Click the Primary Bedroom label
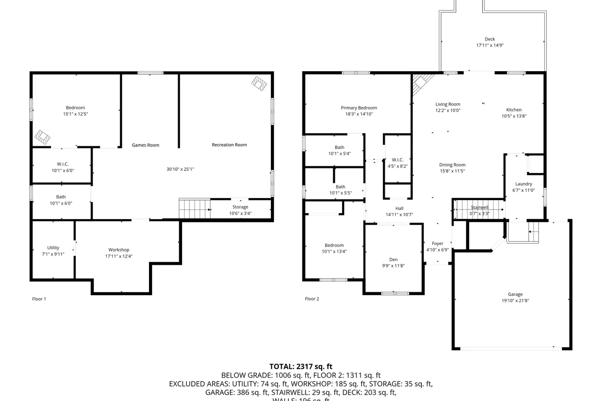pyautogui.click(x=359, y=108)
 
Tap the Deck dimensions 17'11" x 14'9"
pyautogui.click(x=490, y=45)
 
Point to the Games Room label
pyautogui.click(x=145, y=145)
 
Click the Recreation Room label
pyautogui.click(x=229, y=145)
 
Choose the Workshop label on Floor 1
pyautogui.click(x=119, y=250)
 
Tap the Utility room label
pyautogui.click(x=53, y=248)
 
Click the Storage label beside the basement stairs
pyautogui.click(x=240, y=207)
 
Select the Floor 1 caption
pyautogui.click(x=39, y=299)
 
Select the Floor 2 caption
pyautogui.click(x=312, y=299)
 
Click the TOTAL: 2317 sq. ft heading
pyautogui.click(x=301, y=366)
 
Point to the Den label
pyautogui.click(x=393, y=259)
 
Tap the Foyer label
pyautogui.click(x=437, y=244)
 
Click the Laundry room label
pyautogui.click(x=523, y=184)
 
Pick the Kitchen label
pyautogui.click(x=514, y=110)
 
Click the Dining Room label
pyautogui.click(x=452, y=165)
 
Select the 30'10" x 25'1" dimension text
pyautogui.click(x=180, y=169)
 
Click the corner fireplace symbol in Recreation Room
pyautogui.click(x=259, y=83)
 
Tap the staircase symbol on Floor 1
pyautogui.click(x=194, y=208)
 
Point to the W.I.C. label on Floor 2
pyautogui.click(x=397, y=160)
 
